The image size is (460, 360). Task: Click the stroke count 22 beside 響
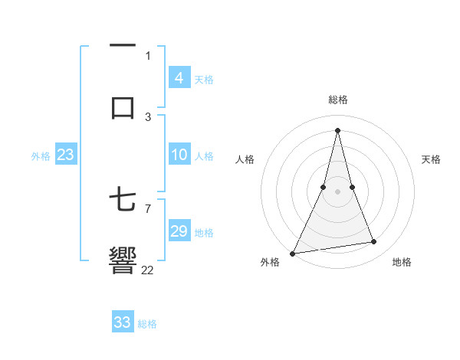point(148,270)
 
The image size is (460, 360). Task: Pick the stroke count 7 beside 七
point(148,208)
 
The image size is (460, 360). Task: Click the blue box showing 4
point(179,78)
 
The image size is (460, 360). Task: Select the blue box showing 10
point(179,155)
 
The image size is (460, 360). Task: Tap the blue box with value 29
point(179,231)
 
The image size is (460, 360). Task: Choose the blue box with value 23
point(65,155)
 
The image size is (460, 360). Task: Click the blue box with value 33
point(122,322)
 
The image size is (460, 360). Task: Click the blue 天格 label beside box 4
point(204,79)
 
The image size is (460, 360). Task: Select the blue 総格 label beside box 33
point(147,324)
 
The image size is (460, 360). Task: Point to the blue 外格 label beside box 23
point(41,156)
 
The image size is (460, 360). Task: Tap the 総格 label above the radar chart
point(338,100)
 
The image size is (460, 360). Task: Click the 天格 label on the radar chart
point(431,159)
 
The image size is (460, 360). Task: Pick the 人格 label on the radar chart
point(245,159)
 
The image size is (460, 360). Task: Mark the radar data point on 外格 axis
point(293,253)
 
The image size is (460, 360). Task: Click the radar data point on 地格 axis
point(374,242)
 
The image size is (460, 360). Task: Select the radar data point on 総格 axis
point(337,130)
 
